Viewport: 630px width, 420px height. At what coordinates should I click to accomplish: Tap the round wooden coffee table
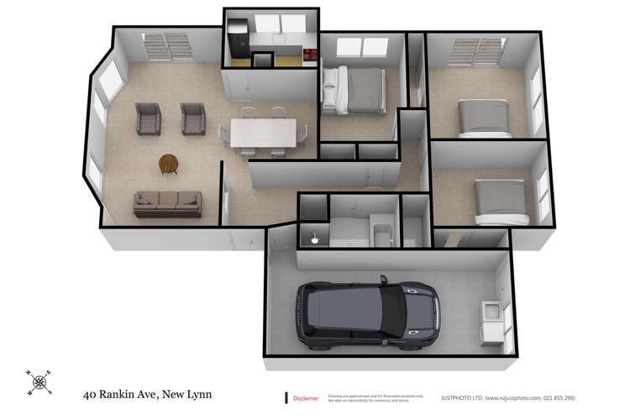click(x=169, y=163)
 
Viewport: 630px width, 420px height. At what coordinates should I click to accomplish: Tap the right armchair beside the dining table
click(x=192, y=119)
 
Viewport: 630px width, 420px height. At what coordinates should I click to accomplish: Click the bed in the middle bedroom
click(x=353, y=89)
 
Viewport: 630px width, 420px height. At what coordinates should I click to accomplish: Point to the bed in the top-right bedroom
click(x=483, y=118)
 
